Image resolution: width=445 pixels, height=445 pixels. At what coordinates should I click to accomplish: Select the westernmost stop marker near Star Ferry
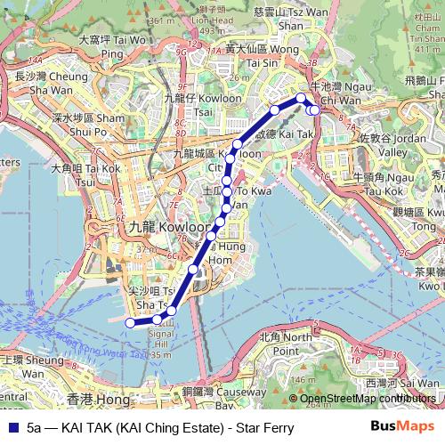pos(130,322)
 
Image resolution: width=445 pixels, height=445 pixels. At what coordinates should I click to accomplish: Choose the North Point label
pos(287,344)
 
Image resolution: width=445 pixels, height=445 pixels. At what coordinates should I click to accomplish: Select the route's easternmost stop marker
pos(314,109)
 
